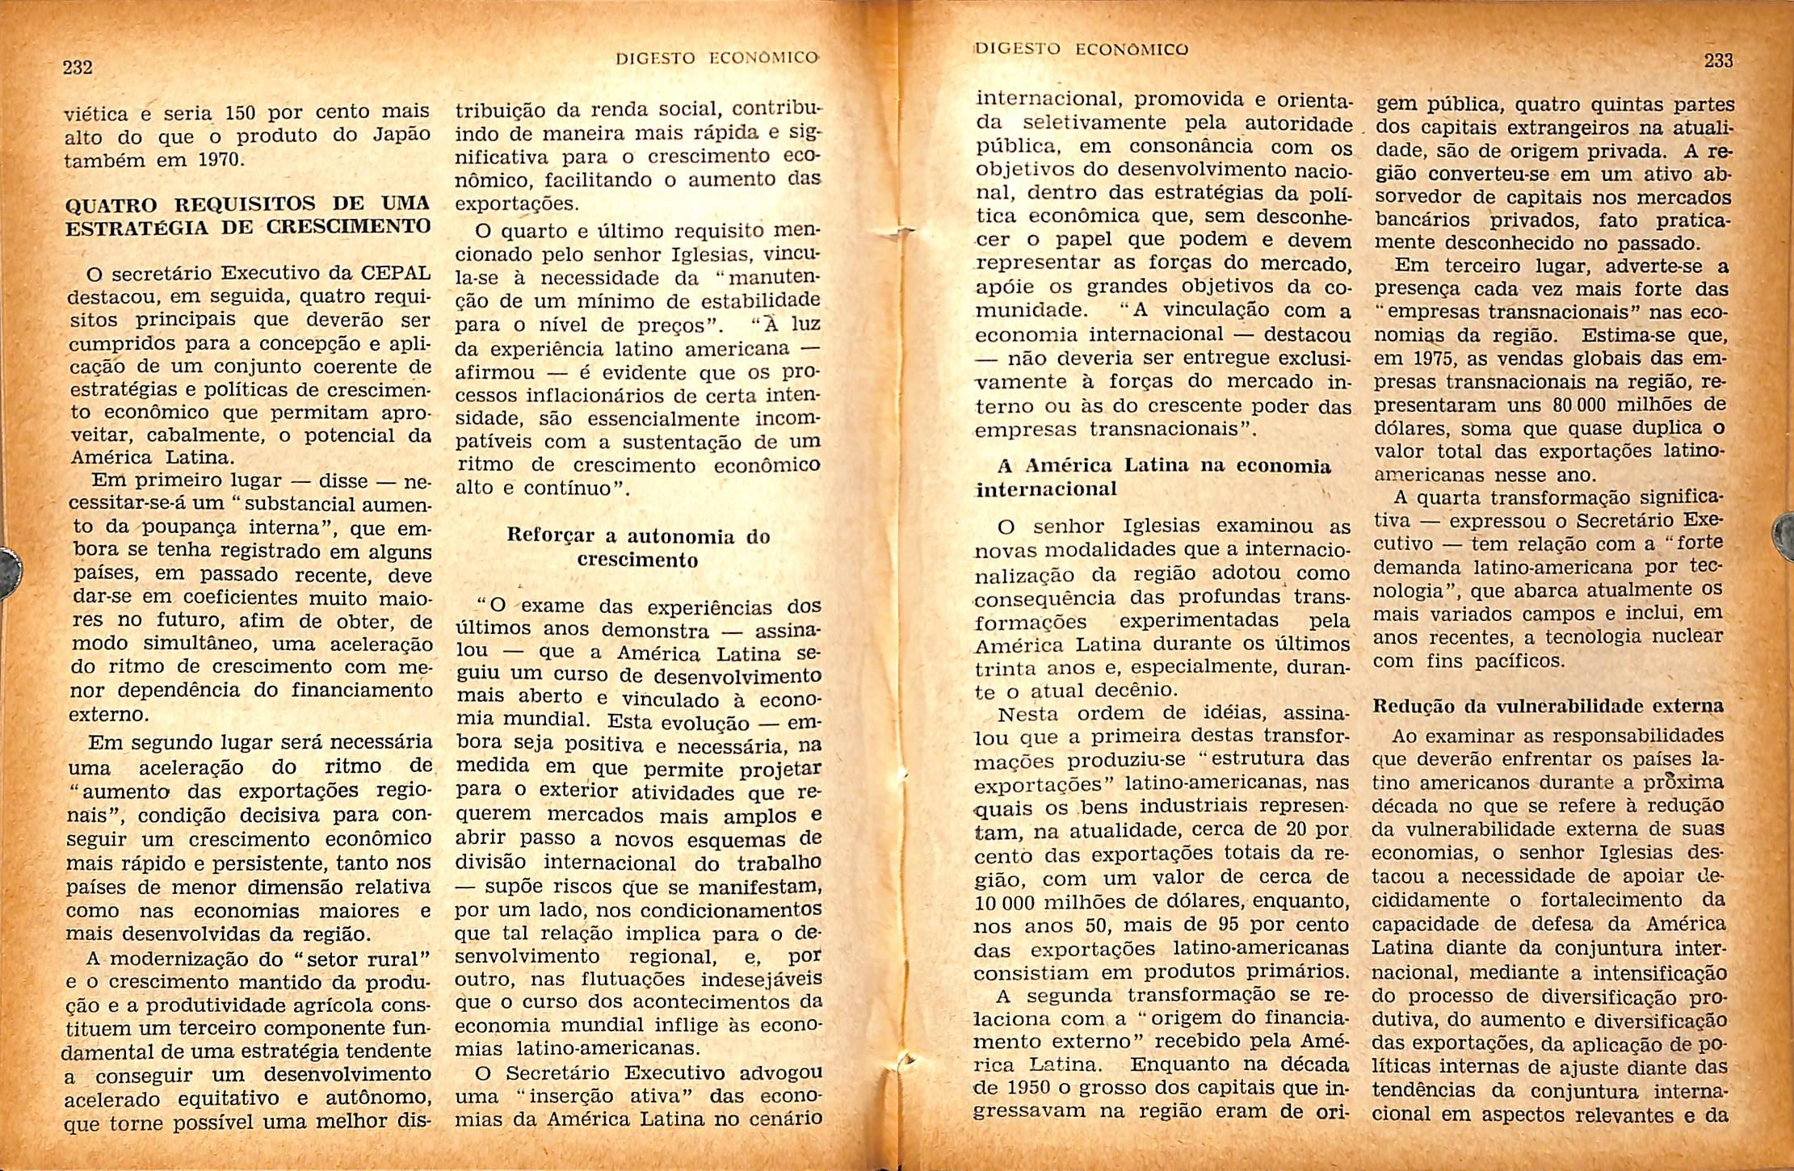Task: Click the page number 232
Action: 78,68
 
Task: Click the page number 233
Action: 1718,61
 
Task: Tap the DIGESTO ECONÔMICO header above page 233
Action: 1082,48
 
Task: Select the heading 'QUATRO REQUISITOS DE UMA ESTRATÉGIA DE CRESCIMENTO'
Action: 248,214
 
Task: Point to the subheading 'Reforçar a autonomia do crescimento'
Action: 637,548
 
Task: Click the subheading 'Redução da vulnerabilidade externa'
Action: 1548,706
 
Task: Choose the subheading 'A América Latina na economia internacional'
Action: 1153,477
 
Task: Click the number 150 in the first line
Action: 241,111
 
